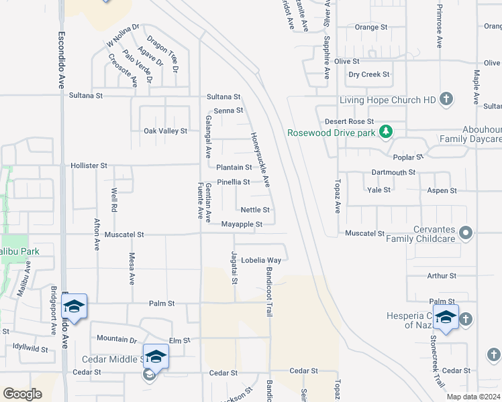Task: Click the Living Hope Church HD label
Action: (x=388, y=100)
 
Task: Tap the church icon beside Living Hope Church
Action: (x=446, y=100)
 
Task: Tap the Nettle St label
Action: (x=255, y=210)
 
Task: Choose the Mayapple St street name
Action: (x=237, y=224)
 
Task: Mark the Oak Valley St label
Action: (x=165, y=131)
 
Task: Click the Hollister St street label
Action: (x=89, y=165)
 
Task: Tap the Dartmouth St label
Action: (x=393, y=172)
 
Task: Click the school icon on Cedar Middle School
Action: (x=156, y=356)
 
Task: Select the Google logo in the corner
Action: (x=22, y=393)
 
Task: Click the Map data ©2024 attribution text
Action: (x=473, y=396)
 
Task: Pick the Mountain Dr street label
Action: (x=117, y=338)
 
